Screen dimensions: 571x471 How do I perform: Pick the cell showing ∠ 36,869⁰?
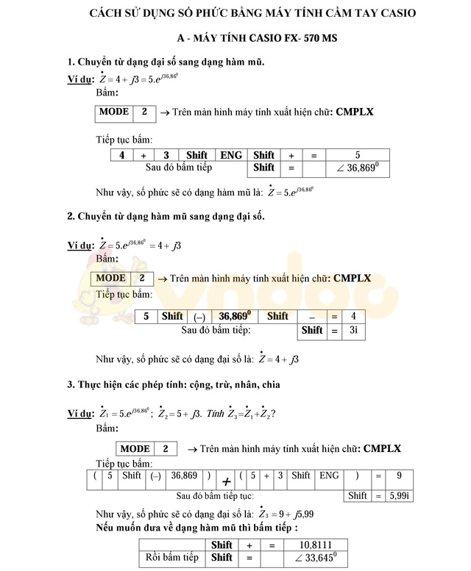coord(357,168)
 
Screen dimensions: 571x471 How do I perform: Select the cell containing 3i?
coord(354,330)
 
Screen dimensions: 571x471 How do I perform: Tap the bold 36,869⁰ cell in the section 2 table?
coord(235,316)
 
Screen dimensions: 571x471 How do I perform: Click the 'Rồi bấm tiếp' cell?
coord(172,558)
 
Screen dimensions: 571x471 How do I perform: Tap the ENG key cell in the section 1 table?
coord(231,155)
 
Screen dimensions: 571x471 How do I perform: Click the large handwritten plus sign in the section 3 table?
coord(227,481)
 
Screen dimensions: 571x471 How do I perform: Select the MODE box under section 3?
coord(135,449)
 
